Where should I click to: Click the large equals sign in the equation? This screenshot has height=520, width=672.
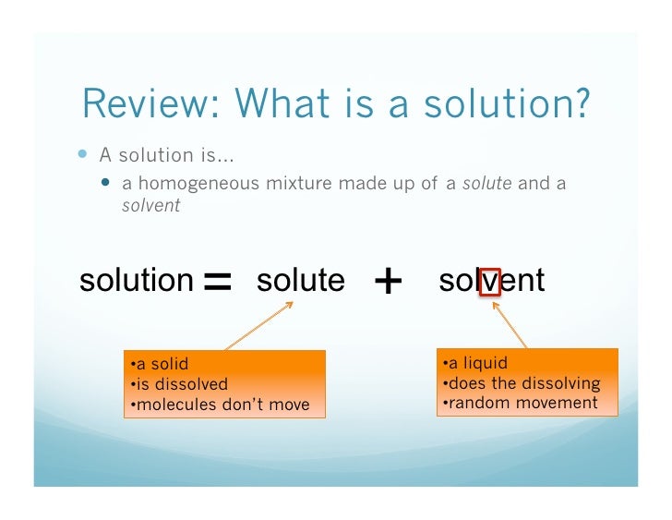pyautogui.click(x=217, y=281)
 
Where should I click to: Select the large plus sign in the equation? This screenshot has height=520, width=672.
pyautogui.click(x=390, y=281)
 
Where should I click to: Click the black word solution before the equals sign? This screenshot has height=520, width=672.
pyautogui.click(x=136, y=280)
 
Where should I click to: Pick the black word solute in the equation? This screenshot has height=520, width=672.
pyautogui.click(x=300, y=280)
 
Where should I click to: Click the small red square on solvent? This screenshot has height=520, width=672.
pyautogui.click(x=490, y=281)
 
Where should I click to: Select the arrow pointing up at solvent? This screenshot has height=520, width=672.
pyautogui.click(x=510, y=326)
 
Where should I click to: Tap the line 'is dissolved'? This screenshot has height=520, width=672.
pyautogui.click(x=179, y=384)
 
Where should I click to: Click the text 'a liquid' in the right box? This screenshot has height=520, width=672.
pyautogui.click(x=474, y=363)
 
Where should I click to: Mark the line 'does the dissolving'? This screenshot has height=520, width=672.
pyautogui.click(x=520, y=383)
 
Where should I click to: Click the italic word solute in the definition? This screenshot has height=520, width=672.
pyautogui.click(x=486, y=183)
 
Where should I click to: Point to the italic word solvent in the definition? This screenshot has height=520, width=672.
pyautogui.click(x=150, y=205)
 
